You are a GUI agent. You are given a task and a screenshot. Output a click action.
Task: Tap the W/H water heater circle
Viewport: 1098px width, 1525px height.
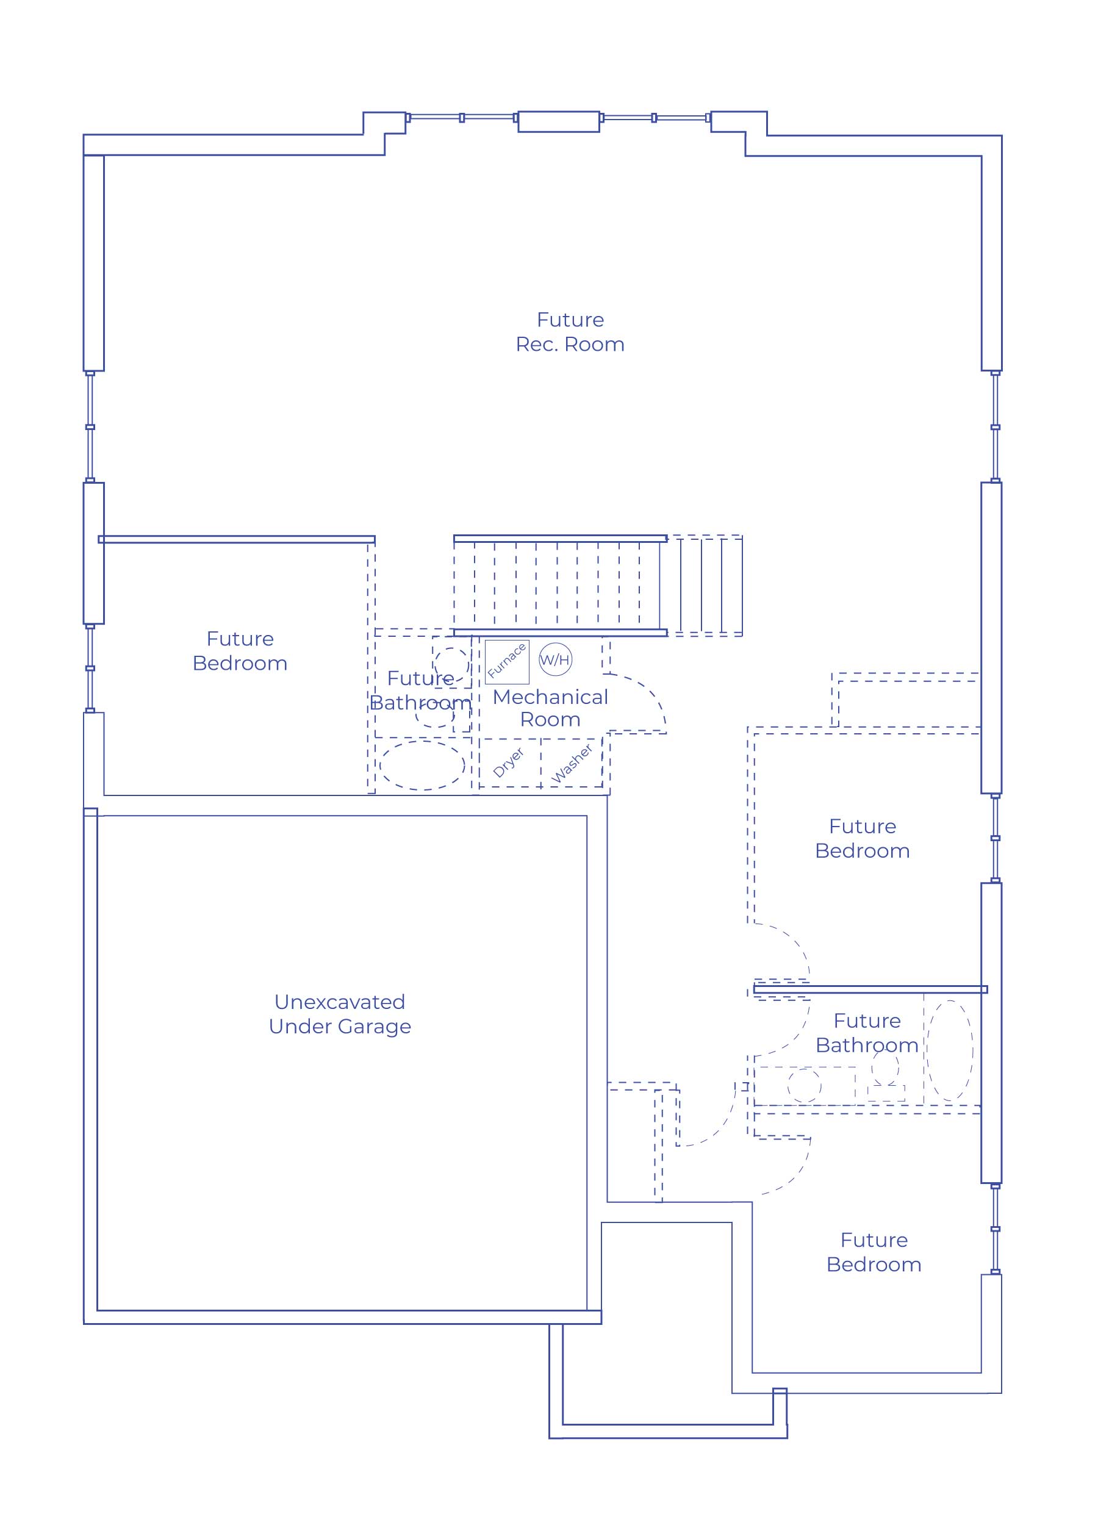point(555,659)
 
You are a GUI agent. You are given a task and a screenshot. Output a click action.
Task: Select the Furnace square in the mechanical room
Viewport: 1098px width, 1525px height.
point(507,662)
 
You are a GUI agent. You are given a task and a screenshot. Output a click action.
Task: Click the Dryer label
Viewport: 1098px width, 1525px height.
point(508,762)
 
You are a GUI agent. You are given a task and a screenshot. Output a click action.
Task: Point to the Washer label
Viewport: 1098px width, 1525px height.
point(572,763)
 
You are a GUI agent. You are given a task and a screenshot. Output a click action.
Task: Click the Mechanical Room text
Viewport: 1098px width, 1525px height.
point(550,708)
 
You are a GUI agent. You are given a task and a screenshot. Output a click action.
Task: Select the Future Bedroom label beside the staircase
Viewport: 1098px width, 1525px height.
point(240,651)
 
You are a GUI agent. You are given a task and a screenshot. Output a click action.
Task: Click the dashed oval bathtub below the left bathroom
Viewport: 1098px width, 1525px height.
point(422,765)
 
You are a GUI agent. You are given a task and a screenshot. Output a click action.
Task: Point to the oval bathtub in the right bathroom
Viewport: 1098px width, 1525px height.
point(949,1050)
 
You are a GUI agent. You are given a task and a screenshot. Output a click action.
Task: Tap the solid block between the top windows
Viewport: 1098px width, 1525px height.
point(558,122)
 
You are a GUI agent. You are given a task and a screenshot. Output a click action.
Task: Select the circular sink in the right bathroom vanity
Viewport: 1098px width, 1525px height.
point(804,1085)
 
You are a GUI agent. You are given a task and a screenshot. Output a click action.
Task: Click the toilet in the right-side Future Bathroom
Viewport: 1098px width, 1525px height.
point(886,1077)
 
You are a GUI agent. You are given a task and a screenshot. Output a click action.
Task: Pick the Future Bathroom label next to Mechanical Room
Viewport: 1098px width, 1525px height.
point(421,691)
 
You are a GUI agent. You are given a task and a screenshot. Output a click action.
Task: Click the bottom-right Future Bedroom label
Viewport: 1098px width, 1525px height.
point(874,1252)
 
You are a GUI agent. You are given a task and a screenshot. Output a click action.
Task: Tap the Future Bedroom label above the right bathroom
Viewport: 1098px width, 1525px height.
point(862,839)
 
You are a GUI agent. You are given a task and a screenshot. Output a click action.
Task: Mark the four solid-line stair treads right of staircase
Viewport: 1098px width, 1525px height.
point(701,586)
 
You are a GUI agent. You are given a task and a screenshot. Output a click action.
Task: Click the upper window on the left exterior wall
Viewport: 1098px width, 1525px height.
point(90,427)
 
